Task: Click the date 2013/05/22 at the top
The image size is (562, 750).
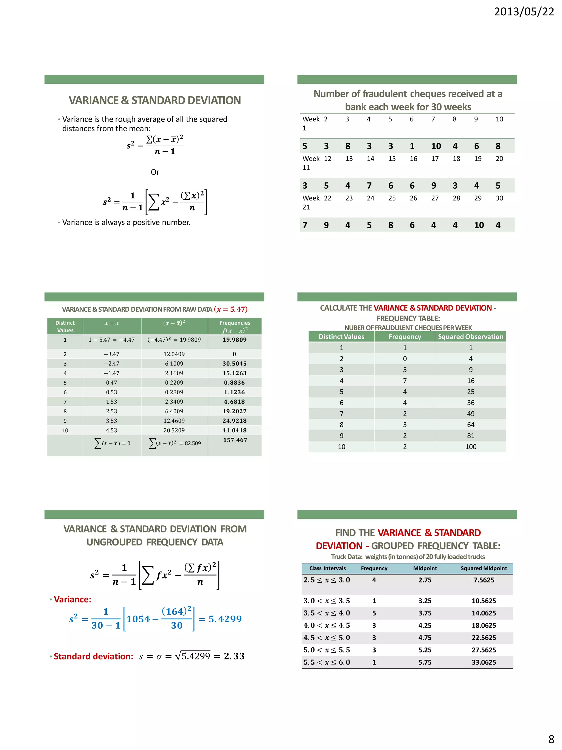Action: (x=524, y=12)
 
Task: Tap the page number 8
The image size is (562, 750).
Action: (x=551, y=739)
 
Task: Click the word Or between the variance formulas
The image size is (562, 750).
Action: (x=155, y=172)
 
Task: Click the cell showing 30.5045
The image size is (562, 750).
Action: (x=234, y=364)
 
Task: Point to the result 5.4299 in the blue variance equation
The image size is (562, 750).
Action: (x=225, y=619)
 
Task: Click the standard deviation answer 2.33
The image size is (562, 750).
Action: (x=234, y=656)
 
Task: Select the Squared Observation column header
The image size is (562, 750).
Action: (x=471, y=337)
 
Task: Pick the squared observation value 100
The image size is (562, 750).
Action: (x=471, y=447)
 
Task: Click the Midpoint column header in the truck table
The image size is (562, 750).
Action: (x=425, y=568)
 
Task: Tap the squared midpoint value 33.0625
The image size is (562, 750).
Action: (x=484, y=662)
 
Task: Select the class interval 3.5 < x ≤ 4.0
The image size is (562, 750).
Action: (x=327, y=613)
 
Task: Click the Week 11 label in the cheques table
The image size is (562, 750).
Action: (x=311, y=163)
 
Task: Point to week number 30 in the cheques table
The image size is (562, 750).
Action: (x=499, y=198)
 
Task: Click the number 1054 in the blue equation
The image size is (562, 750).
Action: (x=138, y=619)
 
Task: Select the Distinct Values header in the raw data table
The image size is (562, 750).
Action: (x=65, y=327)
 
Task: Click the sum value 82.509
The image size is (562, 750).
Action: (x=192, y=443)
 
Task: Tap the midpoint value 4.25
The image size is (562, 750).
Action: (x=425, y=625)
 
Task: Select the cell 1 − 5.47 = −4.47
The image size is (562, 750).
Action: (x=111, y=340)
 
